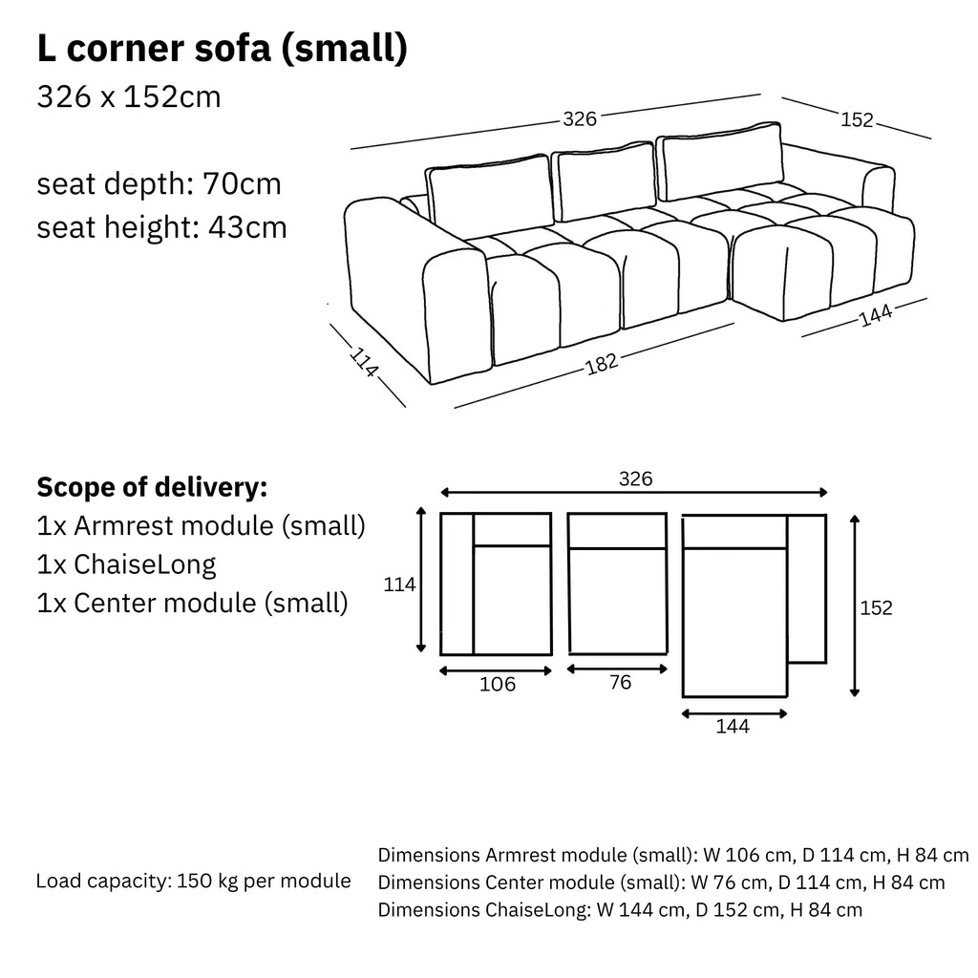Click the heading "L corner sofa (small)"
point(222,49)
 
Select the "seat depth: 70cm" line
point(159,184)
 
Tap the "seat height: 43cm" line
point(161,227)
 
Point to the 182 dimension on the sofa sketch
point(602,364)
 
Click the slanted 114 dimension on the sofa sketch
point(364,362)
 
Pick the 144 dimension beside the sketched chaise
point(876,315)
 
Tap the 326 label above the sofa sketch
point(580,118)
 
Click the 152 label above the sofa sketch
point(857,119)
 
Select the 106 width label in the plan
point(497,684)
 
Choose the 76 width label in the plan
point(620,682)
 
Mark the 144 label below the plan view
point(733,726)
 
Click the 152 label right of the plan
point(876,607)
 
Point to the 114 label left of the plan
point(399,585)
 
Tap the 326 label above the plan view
point(635,478)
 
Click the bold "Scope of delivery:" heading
point(152,487)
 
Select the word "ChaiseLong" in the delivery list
point(145,564)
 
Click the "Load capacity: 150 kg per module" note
point(193,881)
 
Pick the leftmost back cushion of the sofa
point(489,191)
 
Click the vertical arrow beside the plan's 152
point(855,606)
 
